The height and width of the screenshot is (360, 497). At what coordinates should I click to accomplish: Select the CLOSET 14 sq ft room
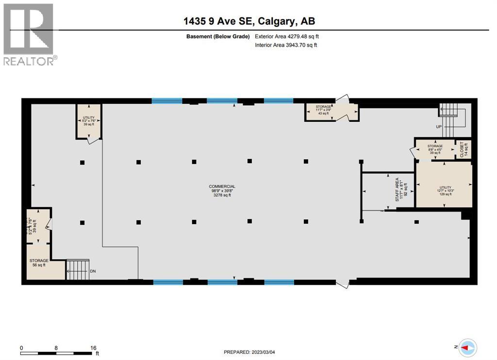coord(463,148)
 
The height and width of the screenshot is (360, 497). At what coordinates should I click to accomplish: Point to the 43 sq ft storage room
coord(324,110)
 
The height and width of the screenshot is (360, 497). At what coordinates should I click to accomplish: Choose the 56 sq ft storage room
coord(39,262)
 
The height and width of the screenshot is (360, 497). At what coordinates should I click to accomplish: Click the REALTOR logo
coord(29,34)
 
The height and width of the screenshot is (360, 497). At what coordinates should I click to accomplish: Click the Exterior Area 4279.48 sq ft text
coord(287,36)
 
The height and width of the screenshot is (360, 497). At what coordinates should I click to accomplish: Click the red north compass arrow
coord(468,347)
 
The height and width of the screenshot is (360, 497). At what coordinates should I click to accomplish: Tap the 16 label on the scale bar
coord(93,348)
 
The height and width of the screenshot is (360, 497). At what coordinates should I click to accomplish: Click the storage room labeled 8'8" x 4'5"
coord(435,149)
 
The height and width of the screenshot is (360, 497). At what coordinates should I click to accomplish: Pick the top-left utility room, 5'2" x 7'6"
coord(88,120)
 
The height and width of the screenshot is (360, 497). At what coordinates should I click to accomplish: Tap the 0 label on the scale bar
coord(22,348)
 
